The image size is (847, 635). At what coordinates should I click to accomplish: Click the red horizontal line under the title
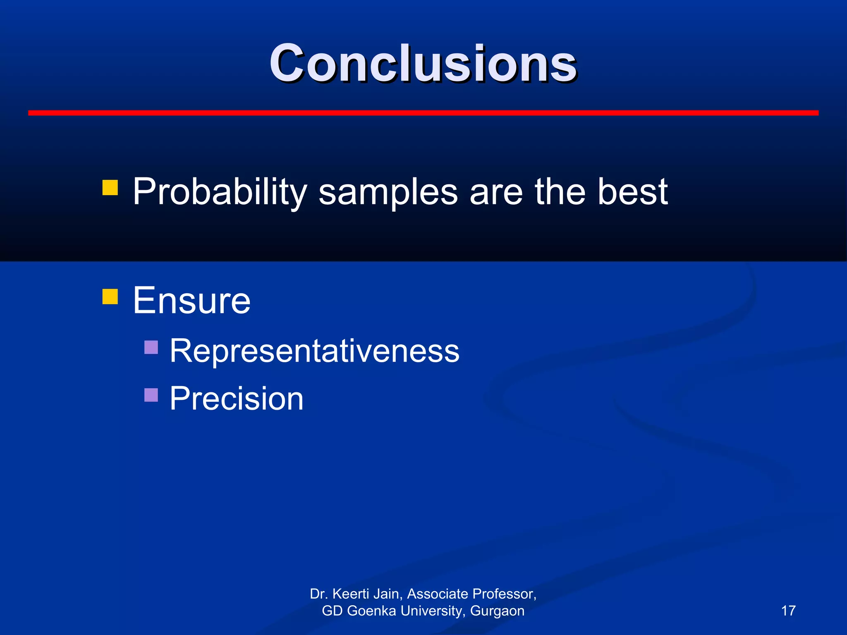(x=423, y=113)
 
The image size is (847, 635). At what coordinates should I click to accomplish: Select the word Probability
(x=219, y=192)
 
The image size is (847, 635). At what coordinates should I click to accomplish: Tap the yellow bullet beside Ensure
(x=110, y=296)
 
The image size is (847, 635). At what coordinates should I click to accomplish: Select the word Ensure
(x=191, y=301)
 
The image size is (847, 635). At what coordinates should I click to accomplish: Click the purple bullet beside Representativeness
(x=151, y=347)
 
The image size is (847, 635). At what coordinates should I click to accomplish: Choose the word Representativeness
(x=314, y=351)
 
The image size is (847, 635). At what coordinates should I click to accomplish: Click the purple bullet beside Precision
(x=151, y=395)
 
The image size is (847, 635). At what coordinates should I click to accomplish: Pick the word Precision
(x=237, y=399)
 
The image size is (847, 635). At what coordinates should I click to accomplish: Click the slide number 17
(x=788, y=611)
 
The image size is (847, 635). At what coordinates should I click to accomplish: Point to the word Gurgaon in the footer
(x=497, y=611)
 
